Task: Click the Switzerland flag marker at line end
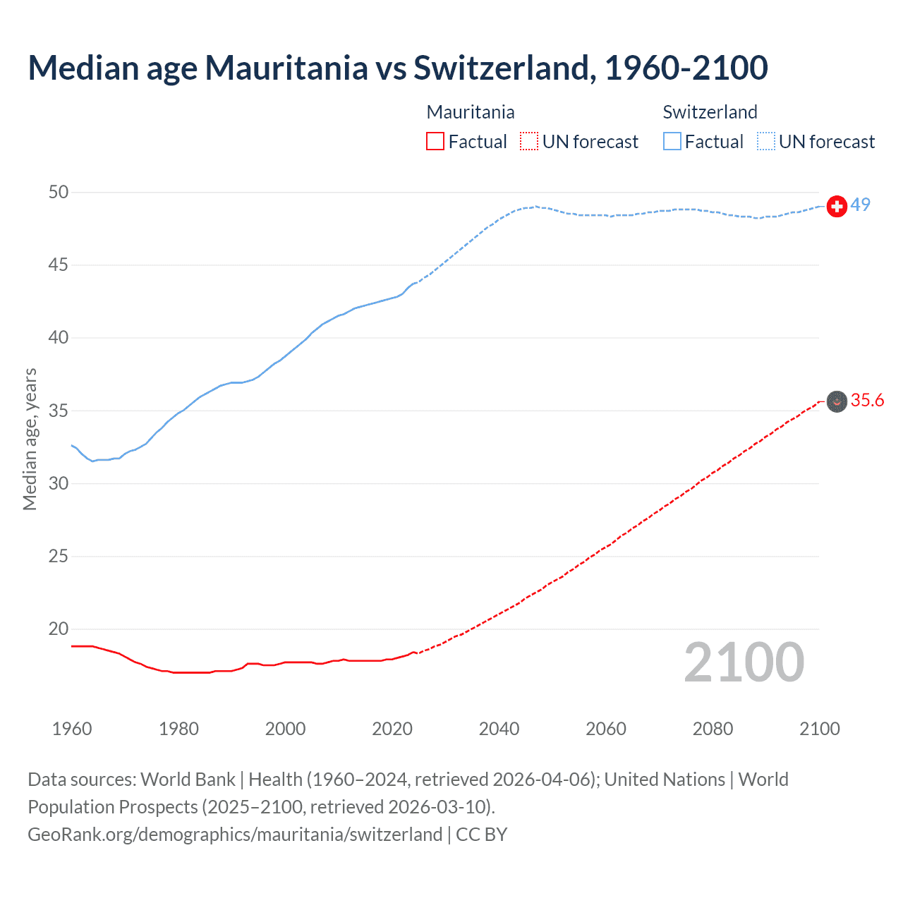(837, 206)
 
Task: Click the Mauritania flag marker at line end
(837, 401)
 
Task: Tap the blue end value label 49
(861, 205)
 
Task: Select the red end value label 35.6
(867, 401)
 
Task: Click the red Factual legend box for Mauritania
(435, 142)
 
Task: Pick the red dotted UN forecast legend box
(529, 142)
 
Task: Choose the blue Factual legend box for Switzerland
(672, 142)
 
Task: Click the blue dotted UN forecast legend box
(766, 142)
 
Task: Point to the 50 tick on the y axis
(59, 193)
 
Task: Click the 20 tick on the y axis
(59, 629)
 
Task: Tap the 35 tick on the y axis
(59, 411)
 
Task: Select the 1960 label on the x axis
(72, 729)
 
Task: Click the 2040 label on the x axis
(499, 729)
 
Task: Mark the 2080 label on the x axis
(713, 729)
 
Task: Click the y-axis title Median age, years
(30, 439)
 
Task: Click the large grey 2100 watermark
(744, 662)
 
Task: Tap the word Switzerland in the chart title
(501, 68)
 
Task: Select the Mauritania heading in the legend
(471, 112)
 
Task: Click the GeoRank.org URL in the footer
(235, 835)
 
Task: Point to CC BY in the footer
(482, 835)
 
